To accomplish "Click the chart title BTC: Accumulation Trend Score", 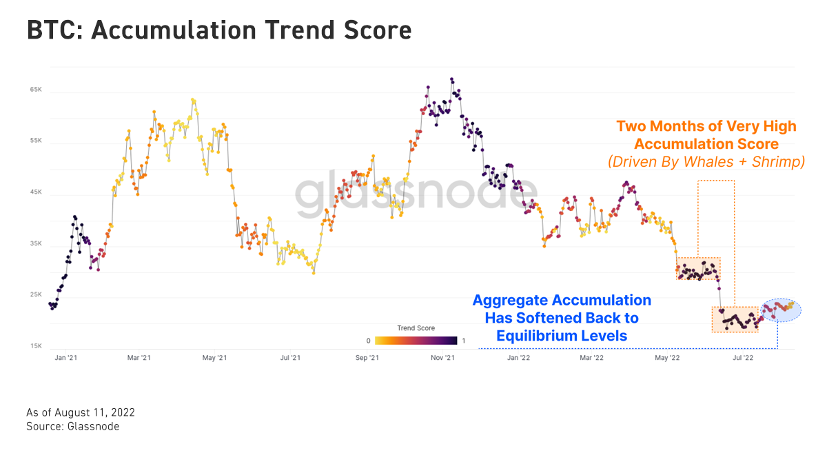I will click(x=219, y=31).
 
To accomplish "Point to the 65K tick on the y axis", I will click(x=36, y=90).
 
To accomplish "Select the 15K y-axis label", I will click(x=36, y=346).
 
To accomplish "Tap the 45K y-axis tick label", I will click(x=36, y=192).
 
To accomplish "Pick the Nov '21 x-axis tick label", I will click(x=442, y=358).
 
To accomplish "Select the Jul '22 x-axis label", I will click(x=742, y=358).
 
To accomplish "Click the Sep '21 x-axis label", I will click(x=367, y=358).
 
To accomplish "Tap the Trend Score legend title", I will click(x=416, y=328).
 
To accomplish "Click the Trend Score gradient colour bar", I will click(x=416, y=340).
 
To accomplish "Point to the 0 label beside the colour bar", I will click(x=369, y=340).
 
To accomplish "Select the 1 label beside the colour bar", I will click(x=464, y=340).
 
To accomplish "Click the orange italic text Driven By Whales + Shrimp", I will click(x=706, y=162).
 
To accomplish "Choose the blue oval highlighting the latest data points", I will click(x=781, y=310).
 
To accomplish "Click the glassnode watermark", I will click(x=416, y=194).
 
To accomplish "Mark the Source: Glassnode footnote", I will click(x=72, y=427).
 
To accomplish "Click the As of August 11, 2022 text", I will click(x=81, y=412).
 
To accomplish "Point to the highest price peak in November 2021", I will click(x=451, y=79).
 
